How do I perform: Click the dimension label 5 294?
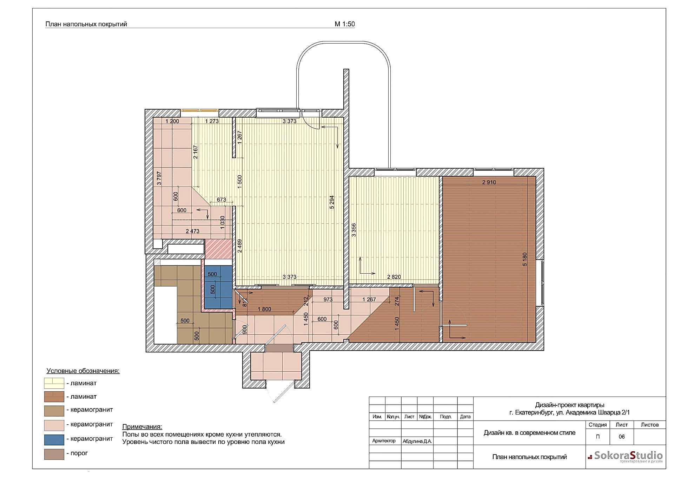pos(332,202)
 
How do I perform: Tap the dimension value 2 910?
pos(489,182)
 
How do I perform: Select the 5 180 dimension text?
pos(525,259)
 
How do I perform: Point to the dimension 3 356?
pos(354,230)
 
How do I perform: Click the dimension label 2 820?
pos(394,277)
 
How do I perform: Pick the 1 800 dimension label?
pos(264,309)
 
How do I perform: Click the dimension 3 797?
pos(159,178)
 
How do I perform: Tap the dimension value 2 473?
pos(192,231)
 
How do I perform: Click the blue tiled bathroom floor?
pos(218,287)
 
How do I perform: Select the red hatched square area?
pos(218,249)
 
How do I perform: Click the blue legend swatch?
pos(54,439)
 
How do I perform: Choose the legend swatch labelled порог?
pos(54,454)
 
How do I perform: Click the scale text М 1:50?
pos(345,24)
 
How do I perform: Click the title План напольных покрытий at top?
pos(86,24)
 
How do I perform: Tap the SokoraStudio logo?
pos(625,456)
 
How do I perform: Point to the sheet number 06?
pos(622,437)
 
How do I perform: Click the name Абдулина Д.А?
pos(417,441)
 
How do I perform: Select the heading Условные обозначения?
pos(83,371)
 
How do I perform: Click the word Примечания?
pos(142,427)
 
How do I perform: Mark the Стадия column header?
pos(597,425)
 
